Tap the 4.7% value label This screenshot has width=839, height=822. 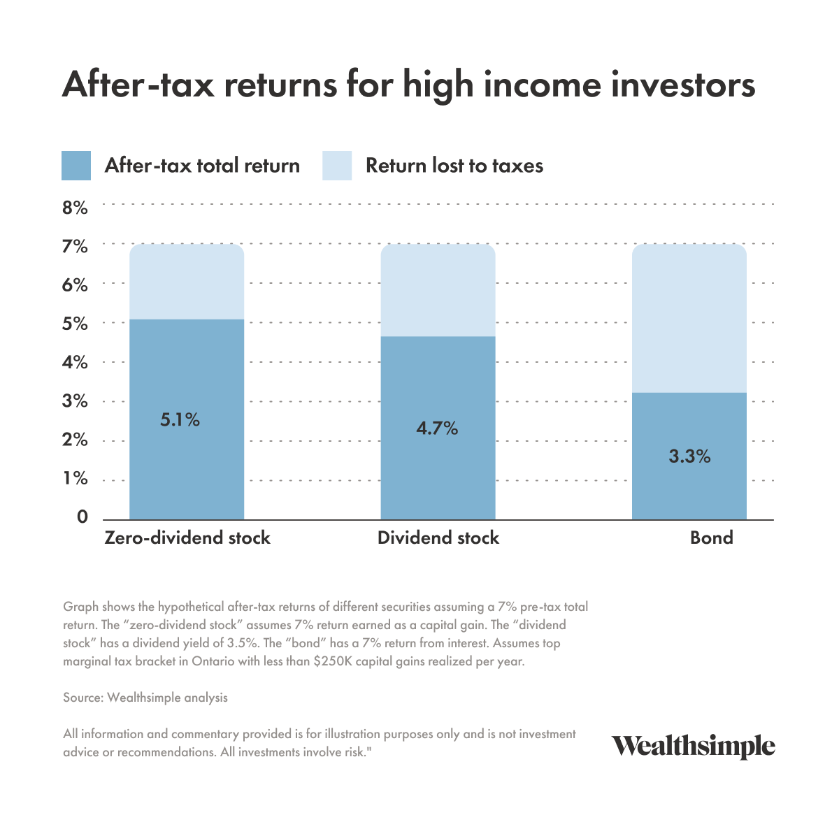(437, 428)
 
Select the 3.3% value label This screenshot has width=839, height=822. (689, 456)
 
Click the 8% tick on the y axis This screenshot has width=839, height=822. (75, 208)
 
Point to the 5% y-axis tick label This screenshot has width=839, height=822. (75, 324)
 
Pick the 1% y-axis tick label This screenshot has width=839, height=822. (75, 479)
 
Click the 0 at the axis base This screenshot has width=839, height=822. (83, 517)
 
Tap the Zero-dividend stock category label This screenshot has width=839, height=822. (187, 538)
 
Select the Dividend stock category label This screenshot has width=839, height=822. (438, 538)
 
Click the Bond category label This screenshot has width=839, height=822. (711, 538)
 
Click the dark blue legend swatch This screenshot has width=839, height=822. (76, 166)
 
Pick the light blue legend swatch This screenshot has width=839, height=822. (337, 166)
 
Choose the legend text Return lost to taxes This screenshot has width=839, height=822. (454, 166)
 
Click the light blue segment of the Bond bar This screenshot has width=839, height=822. (689, 318)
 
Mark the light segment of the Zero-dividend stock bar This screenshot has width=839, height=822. (187, 282)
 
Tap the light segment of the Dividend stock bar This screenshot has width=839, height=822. (438, 290)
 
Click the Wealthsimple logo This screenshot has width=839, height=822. (694, 747)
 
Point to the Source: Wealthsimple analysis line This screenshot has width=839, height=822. (145, 697)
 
